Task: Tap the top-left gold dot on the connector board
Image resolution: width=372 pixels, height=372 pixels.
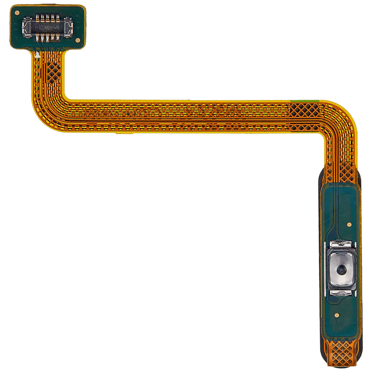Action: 17,13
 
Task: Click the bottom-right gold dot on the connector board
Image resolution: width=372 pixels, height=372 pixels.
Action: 78,40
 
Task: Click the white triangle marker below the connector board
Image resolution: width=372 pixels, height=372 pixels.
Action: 37,55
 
